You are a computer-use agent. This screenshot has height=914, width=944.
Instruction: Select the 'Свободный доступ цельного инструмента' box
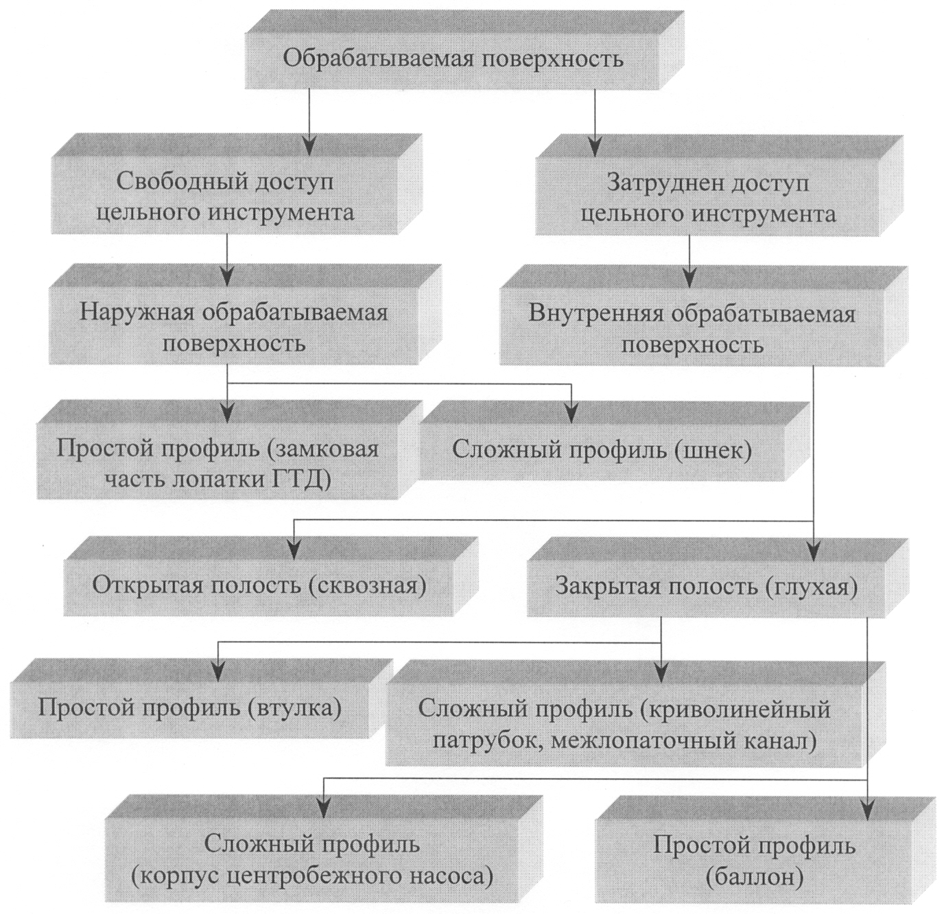tap(236, 185)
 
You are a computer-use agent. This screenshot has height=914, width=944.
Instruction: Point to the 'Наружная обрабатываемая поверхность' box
tap(245, 314)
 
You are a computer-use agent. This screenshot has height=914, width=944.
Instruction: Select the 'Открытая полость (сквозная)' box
tap(271, 577)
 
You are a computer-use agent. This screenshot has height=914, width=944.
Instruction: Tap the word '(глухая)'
tap(812, 587)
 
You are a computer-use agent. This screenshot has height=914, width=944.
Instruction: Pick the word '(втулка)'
tap(295, 709)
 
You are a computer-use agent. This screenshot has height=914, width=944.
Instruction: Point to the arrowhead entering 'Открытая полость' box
tap(293, 549)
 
